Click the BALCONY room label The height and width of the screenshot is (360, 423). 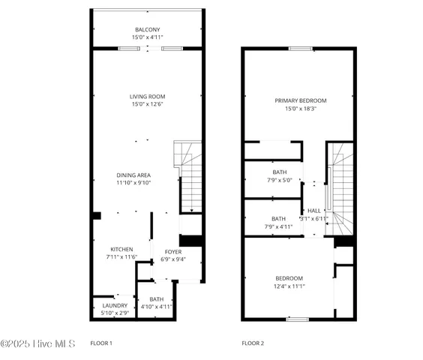click(147, 29)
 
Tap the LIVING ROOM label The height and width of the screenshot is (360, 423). click(147, 97)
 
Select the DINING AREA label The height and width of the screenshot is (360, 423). click(133, 175)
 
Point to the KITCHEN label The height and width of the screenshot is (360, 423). click(121, 249)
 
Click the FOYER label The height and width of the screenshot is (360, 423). click(172, 252)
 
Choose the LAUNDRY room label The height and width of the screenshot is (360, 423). click(115, 305)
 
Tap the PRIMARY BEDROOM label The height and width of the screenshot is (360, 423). click(300, 100)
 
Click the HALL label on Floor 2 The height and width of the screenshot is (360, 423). click(314, 211)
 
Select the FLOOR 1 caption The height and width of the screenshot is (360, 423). click(101, 343)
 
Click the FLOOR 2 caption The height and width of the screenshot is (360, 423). click(253, 343)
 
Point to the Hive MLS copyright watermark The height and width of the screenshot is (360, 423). click(37, 343)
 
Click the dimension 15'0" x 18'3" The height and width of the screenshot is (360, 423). click(300, 109)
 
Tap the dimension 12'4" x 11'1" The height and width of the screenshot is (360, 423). click(289, 286)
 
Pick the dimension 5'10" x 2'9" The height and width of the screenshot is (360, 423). click(115, 313)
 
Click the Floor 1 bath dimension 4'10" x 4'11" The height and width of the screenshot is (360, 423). click(157, 307)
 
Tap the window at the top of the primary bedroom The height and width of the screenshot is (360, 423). click(301, 49)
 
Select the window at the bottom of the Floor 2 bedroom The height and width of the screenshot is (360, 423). click(298, 319)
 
